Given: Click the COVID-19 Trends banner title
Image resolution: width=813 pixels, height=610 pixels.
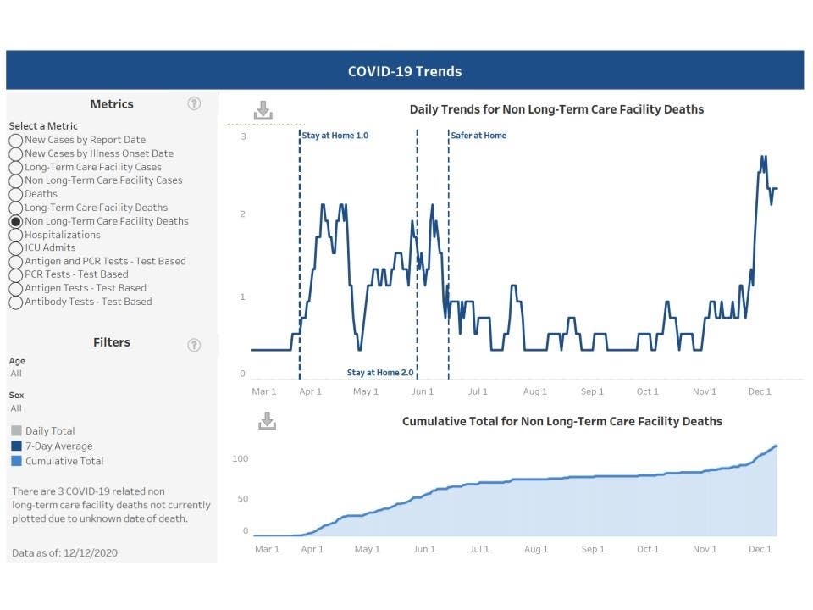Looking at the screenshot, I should [x=405, y=71].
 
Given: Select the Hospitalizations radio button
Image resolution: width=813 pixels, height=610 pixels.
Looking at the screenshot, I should [x=16, y=235].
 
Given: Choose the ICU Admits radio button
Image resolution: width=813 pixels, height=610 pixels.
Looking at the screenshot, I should [x=16, y=248].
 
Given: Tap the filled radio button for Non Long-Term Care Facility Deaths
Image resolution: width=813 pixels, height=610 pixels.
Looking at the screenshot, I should [x=16, y=221].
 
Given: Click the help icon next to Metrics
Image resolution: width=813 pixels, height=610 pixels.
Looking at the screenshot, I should [x=194, y=103].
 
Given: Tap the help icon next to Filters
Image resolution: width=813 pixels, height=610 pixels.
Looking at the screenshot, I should [x=194, y=345].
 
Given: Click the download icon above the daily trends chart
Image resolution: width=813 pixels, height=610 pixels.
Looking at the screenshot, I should [x=263, y=110].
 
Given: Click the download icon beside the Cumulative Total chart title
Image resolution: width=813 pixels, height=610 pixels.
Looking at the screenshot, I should [x=267, y=420].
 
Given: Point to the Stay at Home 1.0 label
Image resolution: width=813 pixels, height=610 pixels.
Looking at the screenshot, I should [x=335, y=136].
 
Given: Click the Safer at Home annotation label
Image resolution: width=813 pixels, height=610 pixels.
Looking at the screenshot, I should [x=478, y=136].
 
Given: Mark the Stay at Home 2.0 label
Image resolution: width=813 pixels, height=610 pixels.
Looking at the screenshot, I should [x=380, y=373].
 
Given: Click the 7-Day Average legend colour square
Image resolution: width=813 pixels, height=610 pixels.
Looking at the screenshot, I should [x=16, y=446].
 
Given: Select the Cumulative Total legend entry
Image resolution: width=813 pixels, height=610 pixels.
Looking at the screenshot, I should [x=64, y=461].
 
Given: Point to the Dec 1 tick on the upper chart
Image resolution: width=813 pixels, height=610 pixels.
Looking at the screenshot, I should [x=760, y=391].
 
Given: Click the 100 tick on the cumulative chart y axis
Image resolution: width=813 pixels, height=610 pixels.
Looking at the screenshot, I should [x=241, y=459].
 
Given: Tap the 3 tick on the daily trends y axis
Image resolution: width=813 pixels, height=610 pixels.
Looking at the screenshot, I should [x=243, y=136].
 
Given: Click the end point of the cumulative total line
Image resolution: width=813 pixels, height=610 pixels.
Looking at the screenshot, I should [x=777, y=446].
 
